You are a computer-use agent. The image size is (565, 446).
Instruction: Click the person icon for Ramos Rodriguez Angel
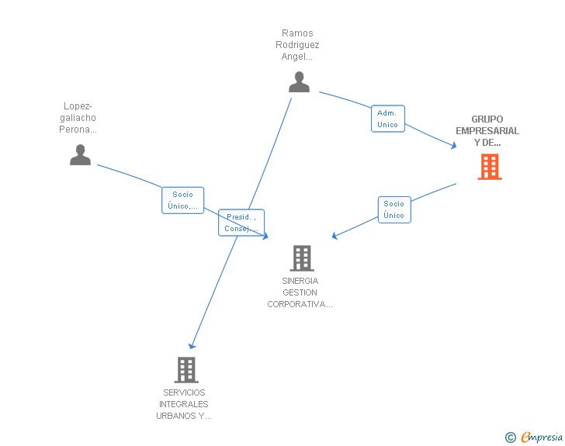pos(299,81)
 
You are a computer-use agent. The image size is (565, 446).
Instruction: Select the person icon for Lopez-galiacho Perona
pos(80,155)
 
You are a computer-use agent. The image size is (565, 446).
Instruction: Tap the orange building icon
pos(489,167)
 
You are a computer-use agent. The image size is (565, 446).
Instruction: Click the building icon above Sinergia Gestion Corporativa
pos(301,258)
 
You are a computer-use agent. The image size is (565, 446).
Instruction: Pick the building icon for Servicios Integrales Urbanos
pos(186,370)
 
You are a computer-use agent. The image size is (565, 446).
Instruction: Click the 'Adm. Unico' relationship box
pos(387,119)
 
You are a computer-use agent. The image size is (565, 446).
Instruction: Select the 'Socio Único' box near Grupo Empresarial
pos(394,209)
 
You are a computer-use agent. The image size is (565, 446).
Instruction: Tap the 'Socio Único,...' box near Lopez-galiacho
pos(182,200)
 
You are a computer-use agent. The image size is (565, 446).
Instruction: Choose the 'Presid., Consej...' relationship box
pos(241,223)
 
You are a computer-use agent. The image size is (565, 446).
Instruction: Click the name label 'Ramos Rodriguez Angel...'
pos(297,45)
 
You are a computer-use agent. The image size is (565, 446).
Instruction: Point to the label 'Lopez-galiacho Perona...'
pos(78,118)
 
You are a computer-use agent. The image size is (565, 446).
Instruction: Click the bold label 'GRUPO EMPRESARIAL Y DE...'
pos(487,131)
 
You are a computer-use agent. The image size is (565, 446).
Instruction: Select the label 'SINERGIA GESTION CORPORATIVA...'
pos(300,292)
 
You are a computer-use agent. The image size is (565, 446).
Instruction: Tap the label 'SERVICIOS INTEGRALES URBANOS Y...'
pos(184,404)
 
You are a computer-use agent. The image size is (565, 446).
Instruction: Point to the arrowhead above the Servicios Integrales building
pos(192,346)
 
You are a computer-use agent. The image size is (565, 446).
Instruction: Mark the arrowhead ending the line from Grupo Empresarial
pos(334,235)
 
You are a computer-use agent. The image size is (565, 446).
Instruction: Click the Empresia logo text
pos(542,437)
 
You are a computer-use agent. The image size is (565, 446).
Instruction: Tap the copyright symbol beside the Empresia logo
pos(510,438)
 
